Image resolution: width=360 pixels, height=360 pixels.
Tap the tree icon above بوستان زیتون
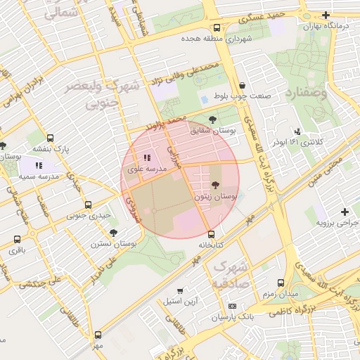214,185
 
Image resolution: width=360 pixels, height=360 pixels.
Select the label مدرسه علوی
147,169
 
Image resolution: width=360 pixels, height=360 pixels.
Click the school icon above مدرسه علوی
147,158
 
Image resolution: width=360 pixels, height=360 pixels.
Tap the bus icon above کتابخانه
211,234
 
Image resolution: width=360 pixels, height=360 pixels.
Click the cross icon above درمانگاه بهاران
326,15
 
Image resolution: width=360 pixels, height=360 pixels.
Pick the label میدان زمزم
281,292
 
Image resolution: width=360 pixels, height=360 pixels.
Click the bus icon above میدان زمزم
281,281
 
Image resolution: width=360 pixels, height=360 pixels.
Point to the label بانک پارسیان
232,317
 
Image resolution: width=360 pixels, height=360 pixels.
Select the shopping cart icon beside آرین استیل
181,290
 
